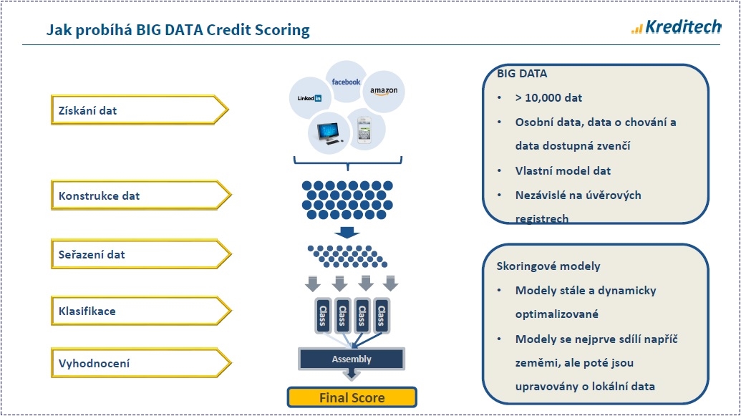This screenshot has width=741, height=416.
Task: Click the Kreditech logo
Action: click(677, 27)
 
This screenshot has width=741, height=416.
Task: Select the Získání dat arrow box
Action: click(140, 110)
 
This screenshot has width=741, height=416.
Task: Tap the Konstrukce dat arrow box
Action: click(141, 195)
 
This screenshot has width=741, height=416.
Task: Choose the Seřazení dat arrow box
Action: click(141, 254)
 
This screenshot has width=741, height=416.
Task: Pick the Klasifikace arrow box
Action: click(141, 311)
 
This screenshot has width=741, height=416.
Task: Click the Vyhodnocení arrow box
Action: click(141, 363)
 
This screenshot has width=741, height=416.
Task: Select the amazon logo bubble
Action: click(383, 91)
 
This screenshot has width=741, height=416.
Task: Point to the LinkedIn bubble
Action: click(310, 98)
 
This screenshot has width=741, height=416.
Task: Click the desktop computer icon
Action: click(329, 133)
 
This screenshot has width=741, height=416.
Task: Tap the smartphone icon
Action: click(364, 130)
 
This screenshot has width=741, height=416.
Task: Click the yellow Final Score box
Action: click(352, 397)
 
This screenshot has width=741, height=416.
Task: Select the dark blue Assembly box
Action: click(352, 359)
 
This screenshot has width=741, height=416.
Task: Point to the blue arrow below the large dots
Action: click(347, 233)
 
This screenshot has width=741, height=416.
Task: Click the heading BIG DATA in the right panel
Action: click(522, 74)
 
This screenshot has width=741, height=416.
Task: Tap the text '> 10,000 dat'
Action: click(548, 98)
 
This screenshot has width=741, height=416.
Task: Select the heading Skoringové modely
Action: click(548, 266)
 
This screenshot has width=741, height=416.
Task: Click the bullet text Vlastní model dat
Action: click(563, 170)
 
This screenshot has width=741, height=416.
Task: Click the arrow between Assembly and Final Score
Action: click(351, 374)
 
